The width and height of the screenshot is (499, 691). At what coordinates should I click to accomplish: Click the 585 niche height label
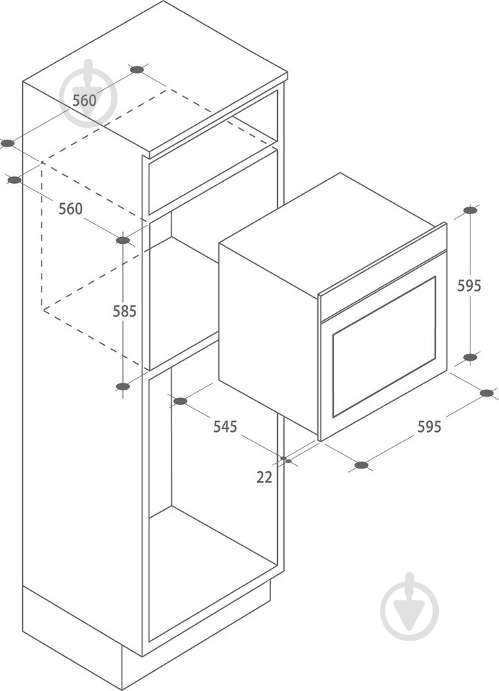click(x=124, y=312)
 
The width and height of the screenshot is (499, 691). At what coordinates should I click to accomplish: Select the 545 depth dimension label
click(x=225, y=426)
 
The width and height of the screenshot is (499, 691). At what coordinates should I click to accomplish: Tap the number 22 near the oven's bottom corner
click(x=265, y=477)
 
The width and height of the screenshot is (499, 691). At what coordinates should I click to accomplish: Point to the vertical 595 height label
click(x=469, y=286)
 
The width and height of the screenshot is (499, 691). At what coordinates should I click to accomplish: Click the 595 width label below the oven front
click(x=429, y=426)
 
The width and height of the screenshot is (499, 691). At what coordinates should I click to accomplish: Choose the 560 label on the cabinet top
click(x=84, y=100)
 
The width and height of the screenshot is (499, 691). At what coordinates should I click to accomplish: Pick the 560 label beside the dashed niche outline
click(x=71, y=209)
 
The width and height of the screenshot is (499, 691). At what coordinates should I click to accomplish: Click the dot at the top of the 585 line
click(x=123, y=240)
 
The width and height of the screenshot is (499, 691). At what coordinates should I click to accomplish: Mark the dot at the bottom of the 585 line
click(x=123, y=386)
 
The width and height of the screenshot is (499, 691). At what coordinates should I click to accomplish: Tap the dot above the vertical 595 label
click(x=471, y=210)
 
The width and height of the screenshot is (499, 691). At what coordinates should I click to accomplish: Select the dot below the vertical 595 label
click(x=471, y=357)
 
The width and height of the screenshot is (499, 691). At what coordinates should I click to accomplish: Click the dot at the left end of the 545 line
click(x=180, y=401)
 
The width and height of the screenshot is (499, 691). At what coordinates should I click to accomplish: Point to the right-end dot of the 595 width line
click(x=487, y=393)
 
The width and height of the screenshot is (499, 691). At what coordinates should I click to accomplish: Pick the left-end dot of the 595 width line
click(x=361, y=465)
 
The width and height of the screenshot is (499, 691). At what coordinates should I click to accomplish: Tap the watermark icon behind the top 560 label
click(x=88, y=94)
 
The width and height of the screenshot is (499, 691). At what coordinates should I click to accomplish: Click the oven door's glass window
click(x=384, y=347)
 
